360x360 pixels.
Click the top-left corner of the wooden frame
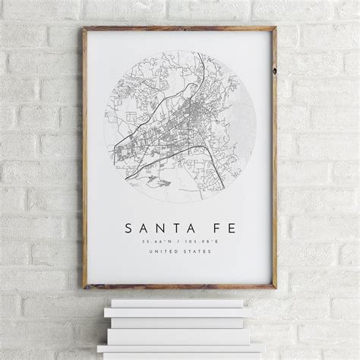click(x=85, y=29)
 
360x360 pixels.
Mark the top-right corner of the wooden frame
click(x=275, y=29)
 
